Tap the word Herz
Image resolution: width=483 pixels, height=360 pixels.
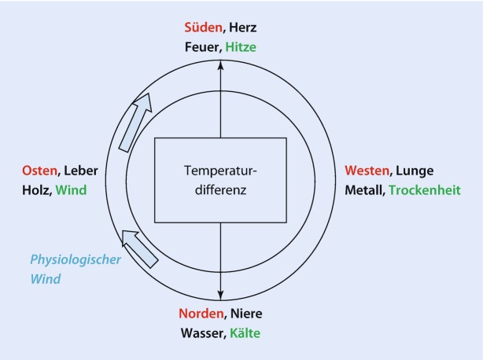pyautogui.click(x=240, y=28)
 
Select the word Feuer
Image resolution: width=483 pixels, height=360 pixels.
pyautogui.click(x=201, y=47)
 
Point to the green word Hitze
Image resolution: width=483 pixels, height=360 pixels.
pyautogui.click(x=241, y=47)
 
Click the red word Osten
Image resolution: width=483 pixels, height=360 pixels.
pyautogui.click(x=39, y=171)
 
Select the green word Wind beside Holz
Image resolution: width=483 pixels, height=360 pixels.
pyautogui.click(x=72, y=189)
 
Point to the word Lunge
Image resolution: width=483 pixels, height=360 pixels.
pyautogui.click(x=415, y=171)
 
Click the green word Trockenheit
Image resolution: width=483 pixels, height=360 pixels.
pyautogui.click(x=424, y=189)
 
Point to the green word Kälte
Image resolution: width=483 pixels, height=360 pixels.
pyautogui.click(x=244, y=333)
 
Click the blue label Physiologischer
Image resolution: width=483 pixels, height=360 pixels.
pyautogui.click(x=76, y=259)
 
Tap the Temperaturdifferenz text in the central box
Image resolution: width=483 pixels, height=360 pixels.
pyautogui.click(x=219, y=180)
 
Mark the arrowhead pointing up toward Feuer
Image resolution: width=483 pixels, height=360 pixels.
pyautogui.click(x=220, y=67)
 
